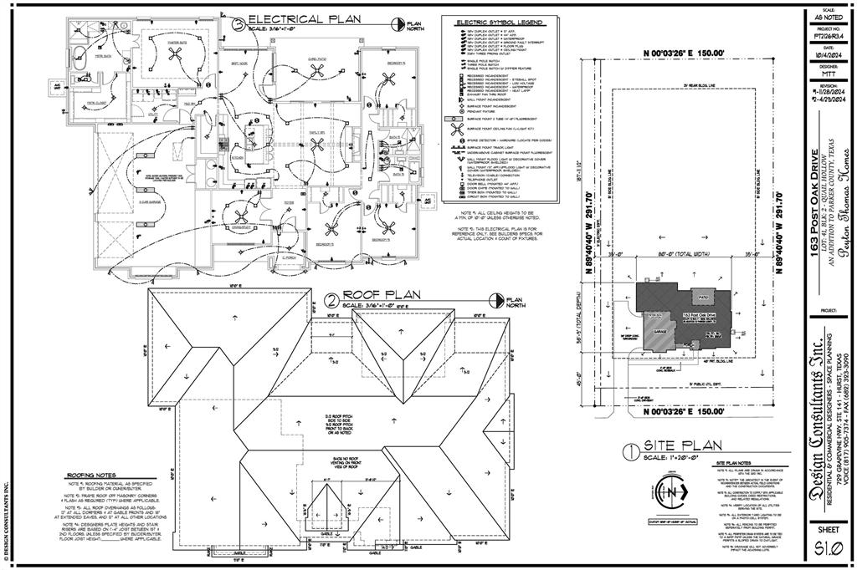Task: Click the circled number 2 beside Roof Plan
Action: tap(331, 299)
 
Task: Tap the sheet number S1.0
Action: tap(828, 549)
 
